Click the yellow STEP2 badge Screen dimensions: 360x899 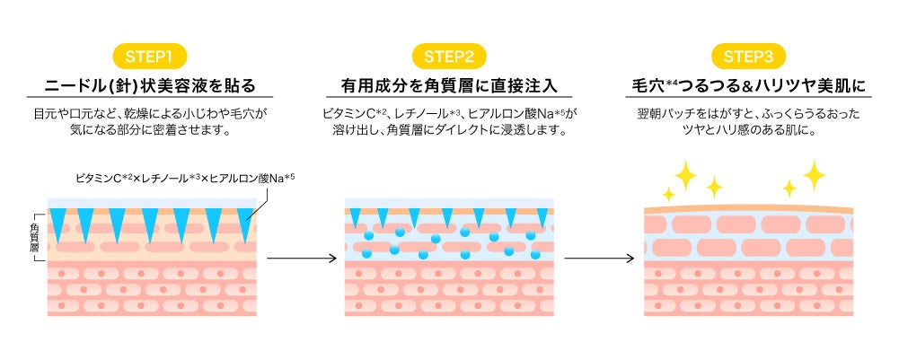[x=449, y=57]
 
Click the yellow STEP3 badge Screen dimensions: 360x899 [x=748, y=57]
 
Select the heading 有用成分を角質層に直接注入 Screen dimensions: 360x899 [x=449, y=87]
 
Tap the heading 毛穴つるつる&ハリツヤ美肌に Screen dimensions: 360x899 [x=748, y=87]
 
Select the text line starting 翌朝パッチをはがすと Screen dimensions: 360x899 [x=748, y=115]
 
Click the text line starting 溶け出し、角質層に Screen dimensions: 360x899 [x=449, y=131]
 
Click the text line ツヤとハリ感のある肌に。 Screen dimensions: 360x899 [x=748, y=131]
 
